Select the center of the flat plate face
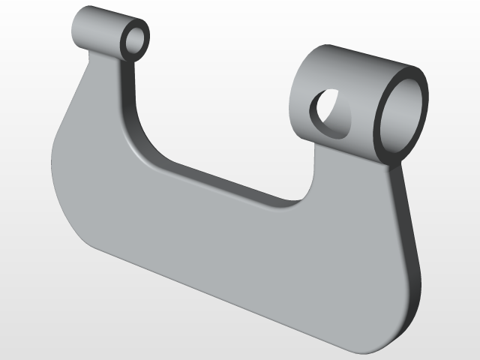[225, 240]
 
